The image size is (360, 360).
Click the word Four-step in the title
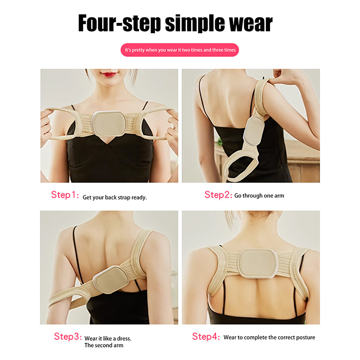pyautogui.click(x=119, y=23)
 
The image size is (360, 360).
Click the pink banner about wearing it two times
pyautogui.click(x=180, y=50)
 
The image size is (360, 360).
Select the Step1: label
pyautogui.click(x=65, y=195)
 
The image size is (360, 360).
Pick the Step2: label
pyautogui.click(x=218, y=195)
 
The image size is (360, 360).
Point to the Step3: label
pyautogui.click(x=68, y=337)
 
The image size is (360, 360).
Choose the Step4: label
pyautogui.click(x=206, y=337)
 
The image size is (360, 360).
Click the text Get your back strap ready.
pyautogui.click(x=115, y=198)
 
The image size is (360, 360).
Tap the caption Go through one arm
pyautogui.click(x=259, y=196)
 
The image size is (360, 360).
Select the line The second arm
pyautogui.click(x=104, y=345)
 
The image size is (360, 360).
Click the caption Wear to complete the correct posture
pyautogui.click(x=269, y=337)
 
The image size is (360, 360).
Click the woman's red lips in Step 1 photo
pyautogui.click(x=108, y=74)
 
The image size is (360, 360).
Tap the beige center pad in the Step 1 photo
pyautogui.click(x=108, y=124)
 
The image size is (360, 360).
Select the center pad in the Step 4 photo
pyautogui.click(x=258, y=262)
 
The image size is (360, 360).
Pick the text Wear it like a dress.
pyautogui.click(x=108, y=338)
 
